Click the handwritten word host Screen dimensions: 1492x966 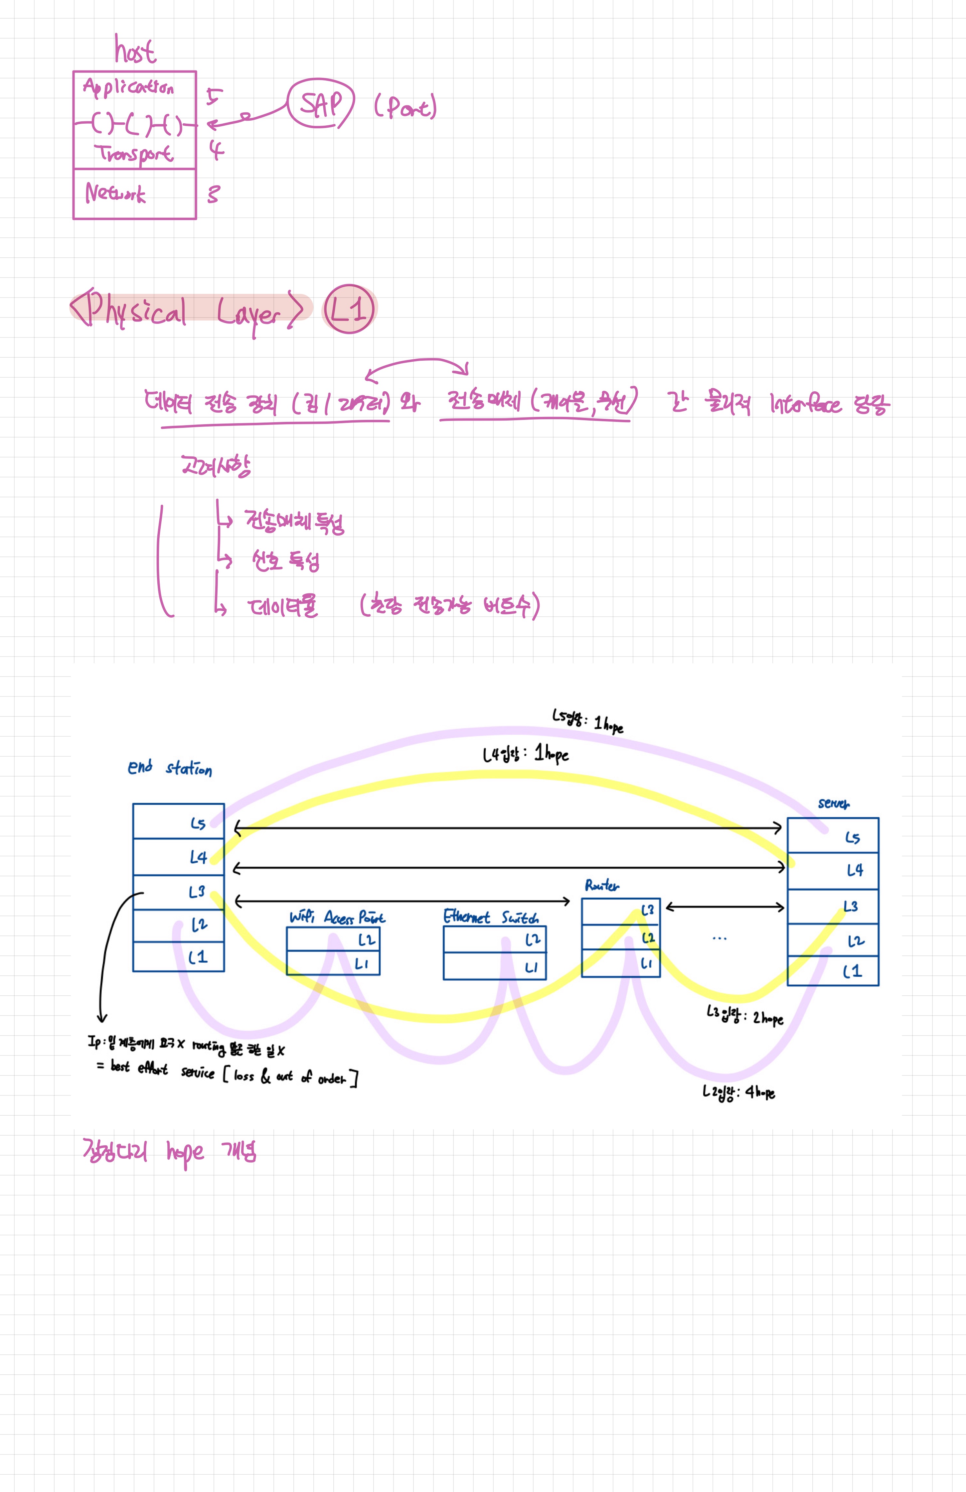(x=135, y=50)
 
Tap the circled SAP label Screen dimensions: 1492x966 (x=321, y=104)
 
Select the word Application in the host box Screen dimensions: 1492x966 (x=129, y=88)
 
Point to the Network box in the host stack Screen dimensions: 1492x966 (x=134, y=194)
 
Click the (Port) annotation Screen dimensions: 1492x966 (x=405, y=107)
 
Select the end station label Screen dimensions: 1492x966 (x=169, y=768)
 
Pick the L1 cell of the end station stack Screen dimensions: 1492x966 (x=179, y=957)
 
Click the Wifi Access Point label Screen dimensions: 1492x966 (x=337, y=917)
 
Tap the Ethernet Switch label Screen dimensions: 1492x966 (x=491, y=917)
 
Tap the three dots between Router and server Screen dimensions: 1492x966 (x=720, y=938)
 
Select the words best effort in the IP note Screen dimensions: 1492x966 (x=139, y=1067)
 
